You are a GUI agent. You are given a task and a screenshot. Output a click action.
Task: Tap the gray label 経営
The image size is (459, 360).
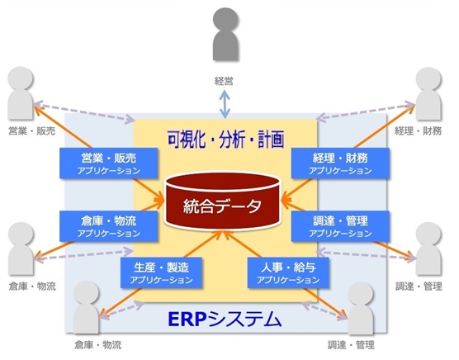point(224,80)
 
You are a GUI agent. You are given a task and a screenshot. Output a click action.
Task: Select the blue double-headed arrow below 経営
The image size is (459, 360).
point(225,104)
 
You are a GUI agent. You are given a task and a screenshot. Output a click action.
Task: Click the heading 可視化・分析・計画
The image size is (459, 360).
point(225,139)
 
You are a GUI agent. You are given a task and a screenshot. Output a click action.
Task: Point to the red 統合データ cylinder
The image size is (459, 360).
point(222,202)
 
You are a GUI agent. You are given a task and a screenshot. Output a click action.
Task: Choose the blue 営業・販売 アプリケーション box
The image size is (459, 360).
point(109,163)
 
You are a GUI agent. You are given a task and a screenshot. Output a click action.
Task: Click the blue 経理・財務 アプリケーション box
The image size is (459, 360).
point(340,163)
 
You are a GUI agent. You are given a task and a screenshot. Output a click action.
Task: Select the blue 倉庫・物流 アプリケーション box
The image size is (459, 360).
point(109,226)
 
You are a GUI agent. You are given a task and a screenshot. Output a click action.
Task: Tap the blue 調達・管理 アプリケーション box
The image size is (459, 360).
point(340,226)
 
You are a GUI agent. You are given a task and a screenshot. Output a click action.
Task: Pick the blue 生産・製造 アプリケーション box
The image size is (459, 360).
point(161,272)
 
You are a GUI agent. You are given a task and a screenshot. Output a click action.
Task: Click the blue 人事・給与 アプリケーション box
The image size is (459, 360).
point(288,272)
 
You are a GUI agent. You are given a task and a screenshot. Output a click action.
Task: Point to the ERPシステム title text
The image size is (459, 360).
point(225,320)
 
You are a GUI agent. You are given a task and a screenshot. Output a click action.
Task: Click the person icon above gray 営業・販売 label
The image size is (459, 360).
point(21,93)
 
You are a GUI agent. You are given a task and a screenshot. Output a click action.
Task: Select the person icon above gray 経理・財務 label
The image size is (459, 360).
point(428,93)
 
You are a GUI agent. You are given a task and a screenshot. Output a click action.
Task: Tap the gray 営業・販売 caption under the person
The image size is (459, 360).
point(32,130)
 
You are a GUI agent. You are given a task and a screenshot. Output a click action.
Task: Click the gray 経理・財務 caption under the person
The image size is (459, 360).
point(418,130)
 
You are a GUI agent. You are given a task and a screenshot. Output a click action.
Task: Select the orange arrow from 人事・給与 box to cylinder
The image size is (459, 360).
point(243,244)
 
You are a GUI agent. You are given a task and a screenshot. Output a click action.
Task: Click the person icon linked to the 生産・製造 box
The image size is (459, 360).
point(87,307)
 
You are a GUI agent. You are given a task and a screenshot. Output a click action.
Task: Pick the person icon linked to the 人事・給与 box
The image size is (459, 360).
point(361,309)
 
